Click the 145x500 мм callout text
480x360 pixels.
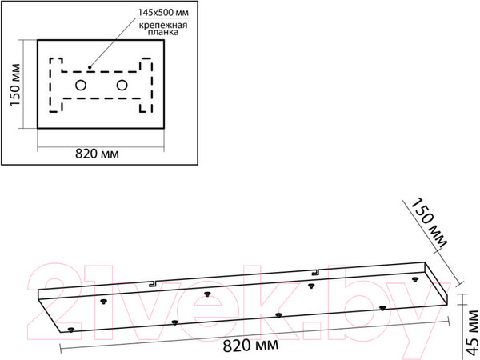point(163,13)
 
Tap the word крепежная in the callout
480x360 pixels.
point(163,25)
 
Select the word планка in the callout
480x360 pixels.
point(163,32)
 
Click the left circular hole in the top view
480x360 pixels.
point(81,86)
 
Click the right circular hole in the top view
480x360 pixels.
point(122,86)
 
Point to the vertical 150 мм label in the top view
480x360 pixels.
point(14,85)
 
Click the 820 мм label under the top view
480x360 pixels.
point(97,154)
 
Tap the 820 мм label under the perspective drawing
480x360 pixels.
point(250,346)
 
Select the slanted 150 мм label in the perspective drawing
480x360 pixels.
point(429,223)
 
